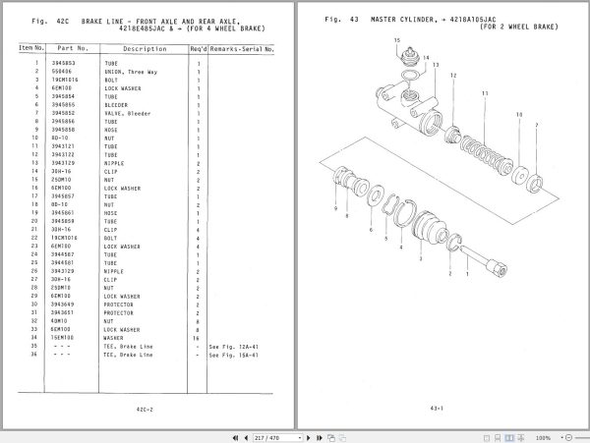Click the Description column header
[x=144, y=47]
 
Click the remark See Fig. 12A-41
[x=233, y=347]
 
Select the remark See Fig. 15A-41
[x=233, y=355]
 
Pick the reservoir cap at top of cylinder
[x=400, y=59]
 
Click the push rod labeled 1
[x=487, y=264]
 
